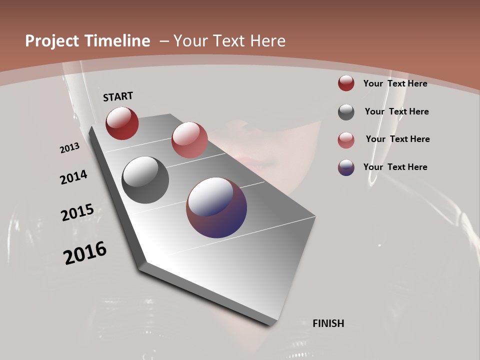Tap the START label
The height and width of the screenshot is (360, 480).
point(118,96)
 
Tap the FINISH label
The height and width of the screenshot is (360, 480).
point(328,323)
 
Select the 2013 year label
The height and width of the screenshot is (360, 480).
point(69,148)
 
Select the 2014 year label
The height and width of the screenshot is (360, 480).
point(73,177)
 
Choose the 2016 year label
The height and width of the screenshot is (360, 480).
point(85,253)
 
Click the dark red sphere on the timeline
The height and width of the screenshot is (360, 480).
point(122,123)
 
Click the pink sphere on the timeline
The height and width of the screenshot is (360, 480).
point(189,140)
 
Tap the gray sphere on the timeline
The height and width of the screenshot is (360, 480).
point(145,180)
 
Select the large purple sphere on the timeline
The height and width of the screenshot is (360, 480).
point(216,207)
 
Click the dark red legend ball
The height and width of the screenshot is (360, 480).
point(346,83)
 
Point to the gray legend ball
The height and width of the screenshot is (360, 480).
point(346,112)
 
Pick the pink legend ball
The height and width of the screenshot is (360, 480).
point(346,140)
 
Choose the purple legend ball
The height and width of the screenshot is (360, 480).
point(346,167)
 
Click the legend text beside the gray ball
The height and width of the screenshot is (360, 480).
point(396,111)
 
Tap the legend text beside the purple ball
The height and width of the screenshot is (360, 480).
point(395,167)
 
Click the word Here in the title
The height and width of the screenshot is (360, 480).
point(267,41)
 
